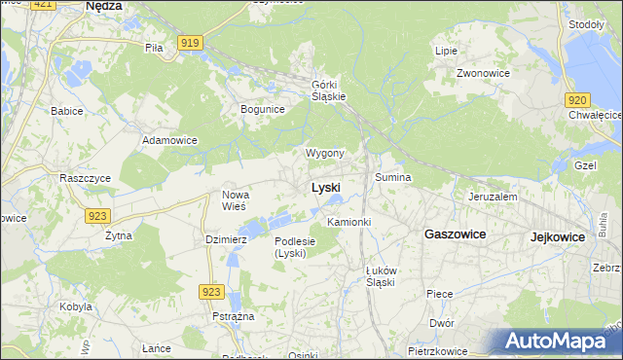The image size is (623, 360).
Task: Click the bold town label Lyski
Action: click(x=325, y=188)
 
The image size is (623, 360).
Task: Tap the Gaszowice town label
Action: click(x=455, y=234)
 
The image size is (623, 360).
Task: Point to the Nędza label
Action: click(x=103, y=6)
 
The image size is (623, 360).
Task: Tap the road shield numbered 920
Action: click(x=576, y=99)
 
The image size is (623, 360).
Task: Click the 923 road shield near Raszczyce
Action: click(x=96, y=216)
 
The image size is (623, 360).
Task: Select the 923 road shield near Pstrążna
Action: click(x=212, y=291)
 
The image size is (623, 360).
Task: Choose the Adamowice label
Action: click(x=170, y=140)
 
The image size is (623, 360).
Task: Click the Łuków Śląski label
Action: click(x=373, y=276)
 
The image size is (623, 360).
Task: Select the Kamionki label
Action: click(x=349, y=223)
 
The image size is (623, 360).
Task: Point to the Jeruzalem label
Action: click(x=493, y=196)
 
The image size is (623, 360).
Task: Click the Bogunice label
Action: click(x=263, y=109)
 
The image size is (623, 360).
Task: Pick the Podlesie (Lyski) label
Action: click(x=293, y=247)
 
